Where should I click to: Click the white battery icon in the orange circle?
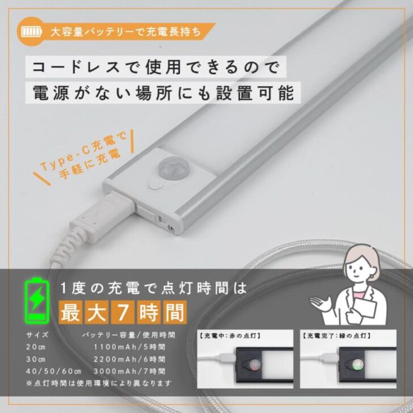pyautogui.click(x=32, y=32)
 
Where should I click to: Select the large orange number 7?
pyautogui.click(x=123, y=313)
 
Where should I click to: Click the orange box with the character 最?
pyautogui.click(x=70, y=313)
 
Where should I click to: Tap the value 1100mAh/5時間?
pyautogui.click(x=129, y=347)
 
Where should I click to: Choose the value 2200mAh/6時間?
pyautogui.click(x=129, y=359)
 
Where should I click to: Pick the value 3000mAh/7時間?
pyautogui.click(x=129, y=371)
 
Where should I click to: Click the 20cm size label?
pyautogui.click(x=36, y=347)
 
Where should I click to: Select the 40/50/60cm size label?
pyautogui.click(x=53, y=371)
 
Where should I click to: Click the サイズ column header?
pyautogui.click(x=37, y=335)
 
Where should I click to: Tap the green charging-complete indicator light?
pyautogui.click(x=358, y=364)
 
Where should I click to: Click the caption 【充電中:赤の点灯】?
pyautogui.click(x=230, y=336)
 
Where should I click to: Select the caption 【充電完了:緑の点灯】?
pyautogui.click(x=337, y=336)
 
